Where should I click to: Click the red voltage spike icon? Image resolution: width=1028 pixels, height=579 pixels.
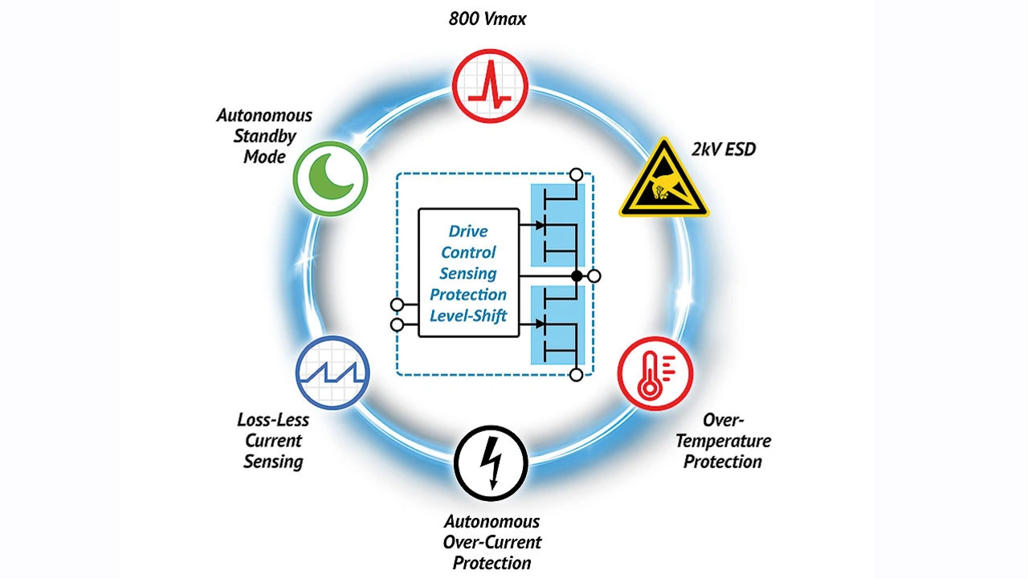tap(490, 83)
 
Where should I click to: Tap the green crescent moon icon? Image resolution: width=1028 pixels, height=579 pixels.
tap(331, 178)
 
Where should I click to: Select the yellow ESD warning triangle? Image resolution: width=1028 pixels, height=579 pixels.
tap(663, 180)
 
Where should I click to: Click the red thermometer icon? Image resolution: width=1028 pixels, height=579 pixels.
tap(655, 374)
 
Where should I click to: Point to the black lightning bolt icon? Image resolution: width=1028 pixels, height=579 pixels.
tap(490, 463)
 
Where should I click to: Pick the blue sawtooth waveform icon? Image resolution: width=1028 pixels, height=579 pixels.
tap(332, 373)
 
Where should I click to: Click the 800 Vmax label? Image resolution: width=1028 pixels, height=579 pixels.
tap(487, 18)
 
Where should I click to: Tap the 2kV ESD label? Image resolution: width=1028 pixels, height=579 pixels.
tap(723, 149)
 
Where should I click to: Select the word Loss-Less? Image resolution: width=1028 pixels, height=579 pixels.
tap(273, 419)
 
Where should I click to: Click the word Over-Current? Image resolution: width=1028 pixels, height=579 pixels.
tap(492, 542)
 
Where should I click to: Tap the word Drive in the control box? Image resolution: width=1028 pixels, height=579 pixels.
tap(468, 231)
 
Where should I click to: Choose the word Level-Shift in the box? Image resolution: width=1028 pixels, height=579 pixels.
tap(468, 315)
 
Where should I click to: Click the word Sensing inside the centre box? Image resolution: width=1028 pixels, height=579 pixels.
tap(468, 273)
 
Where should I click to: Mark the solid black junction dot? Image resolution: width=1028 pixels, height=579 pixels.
tap(576, 276)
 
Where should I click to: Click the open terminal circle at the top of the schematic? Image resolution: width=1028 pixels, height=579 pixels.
tap(575, 174)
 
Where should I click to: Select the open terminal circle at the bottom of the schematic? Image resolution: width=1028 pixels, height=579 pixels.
tap(575, 374)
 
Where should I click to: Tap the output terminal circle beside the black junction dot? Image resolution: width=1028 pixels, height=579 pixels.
tap(594, 276)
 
